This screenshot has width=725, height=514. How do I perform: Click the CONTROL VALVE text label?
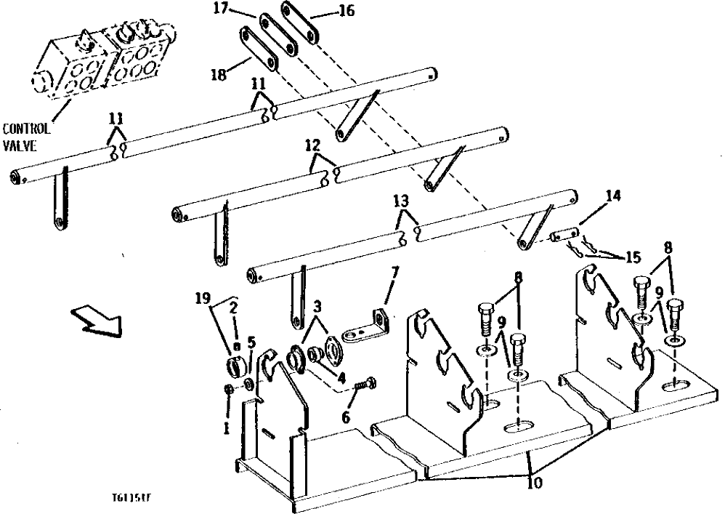coord(26,135)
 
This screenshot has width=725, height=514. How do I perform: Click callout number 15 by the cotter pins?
coord(631,257)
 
